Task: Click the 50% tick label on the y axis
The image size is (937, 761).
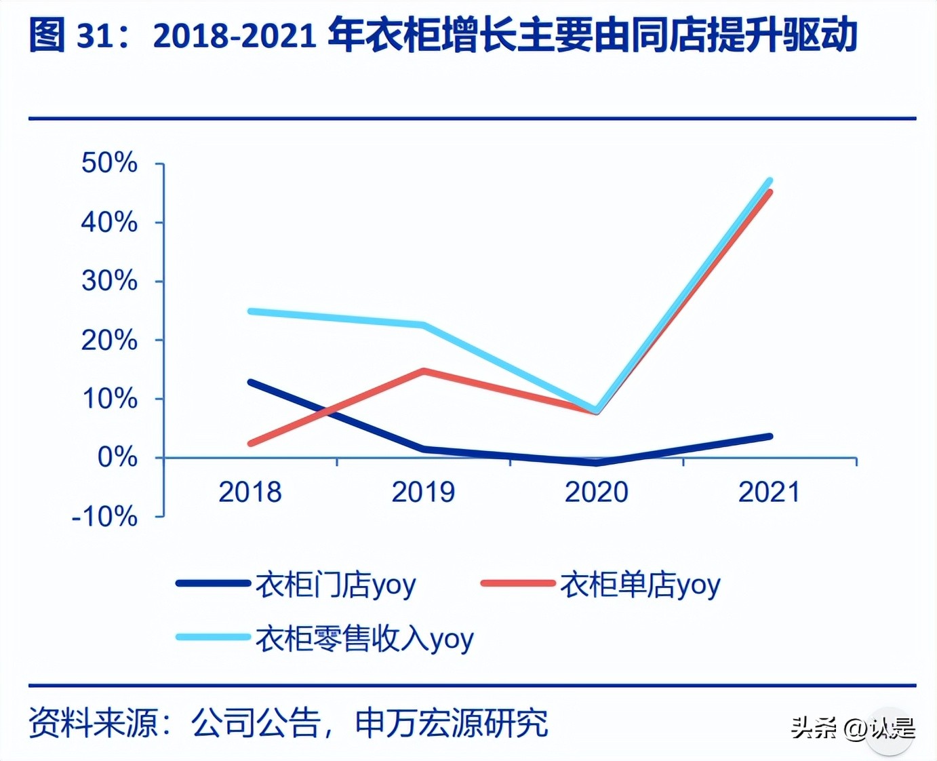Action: [x=109, y=163]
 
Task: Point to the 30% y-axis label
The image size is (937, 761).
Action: [x=109, y=281]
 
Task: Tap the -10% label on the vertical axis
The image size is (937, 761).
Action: [x=104, y=517]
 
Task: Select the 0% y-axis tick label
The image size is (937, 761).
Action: [x=117, y=458]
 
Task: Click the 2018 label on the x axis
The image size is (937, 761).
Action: [x=250, y=492]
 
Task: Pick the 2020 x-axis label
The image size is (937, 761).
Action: [x=596, y=492]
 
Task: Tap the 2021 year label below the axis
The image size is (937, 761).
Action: [x=769, y=492]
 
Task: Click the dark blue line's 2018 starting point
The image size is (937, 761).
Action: [x=251, y=383]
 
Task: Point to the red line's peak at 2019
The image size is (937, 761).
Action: [x=424, y=371]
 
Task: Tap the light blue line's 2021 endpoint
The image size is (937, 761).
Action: [x=770, y=181]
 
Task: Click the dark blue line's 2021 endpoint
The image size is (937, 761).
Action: [x=770, y=436]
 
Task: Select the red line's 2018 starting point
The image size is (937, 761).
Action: [x=251, y=444]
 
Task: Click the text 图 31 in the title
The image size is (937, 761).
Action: [x=71, y=35]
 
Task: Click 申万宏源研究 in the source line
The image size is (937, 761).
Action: [x=451, y=722]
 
